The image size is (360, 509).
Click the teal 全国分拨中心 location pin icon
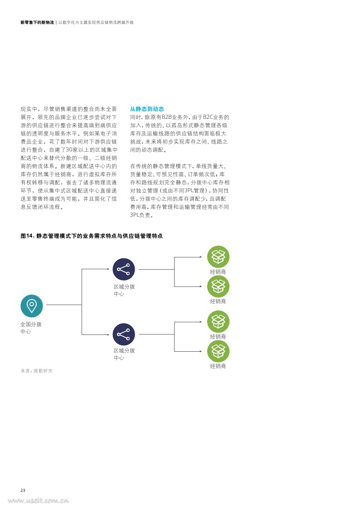point(31,306)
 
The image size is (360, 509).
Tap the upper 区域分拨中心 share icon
point(124,269)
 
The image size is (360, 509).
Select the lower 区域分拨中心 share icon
point(124,334)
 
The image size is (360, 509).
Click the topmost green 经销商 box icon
point(218,257)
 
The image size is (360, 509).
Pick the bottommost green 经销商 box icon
point(218,351)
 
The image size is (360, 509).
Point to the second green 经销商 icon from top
point(218,286)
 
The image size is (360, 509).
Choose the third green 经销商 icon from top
point(218,322)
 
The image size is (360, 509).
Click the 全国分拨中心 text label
point(31,328)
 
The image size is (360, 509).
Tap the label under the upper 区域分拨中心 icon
point(124,290)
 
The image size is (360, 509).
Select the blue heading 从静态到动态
point(147,109)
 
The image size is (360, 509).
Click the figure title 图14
point(92,236)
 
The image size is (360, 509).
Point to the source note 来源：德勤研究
point(36,371)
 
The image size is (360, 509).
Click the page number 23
point(23,490)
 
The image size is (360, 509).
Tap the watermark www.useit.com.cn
point(38,501)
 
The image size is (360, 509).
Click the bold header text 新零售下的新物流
point(37,22)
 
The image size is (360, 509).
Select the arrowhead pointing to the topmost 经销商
point(201,257)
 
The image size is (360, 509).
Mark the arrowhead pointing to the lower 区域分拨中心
point(108,334)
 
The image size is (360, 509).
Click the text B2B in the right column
point(166,117)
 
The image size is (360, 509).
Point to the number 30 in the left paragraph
point(69,150)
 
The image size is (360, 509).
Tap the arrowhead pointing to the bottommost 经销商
point(201,351)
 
